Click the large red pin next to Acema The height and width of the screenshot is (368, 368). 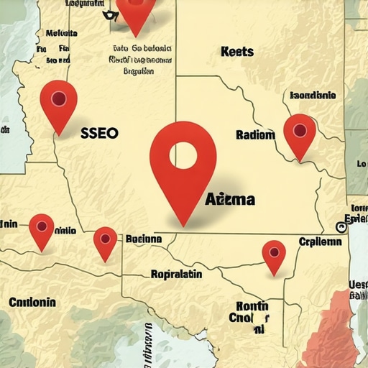pyautogui.click(x=183, y=169)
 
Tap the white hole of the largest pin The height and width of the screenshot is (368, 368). pyautogui.click(x=183, y=154)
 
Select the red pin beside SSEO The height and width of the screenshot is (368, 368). pyautogui.click(x=58, y=104)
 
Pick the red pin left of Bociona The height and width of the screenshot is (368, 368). pyautogui.click(x=105, y=241)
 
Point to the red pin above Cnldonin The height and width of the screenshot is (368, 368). pyautogui.click(x=41, y=230)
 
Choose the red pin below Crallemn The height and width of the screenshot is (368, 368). pyautogui.click(x=273, y=255)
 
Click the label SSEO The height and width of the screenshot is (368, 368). pyautogui.click(x=99, y=133)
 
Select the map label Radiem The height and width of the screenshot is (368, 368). pyautogui.click(x=255, y=134)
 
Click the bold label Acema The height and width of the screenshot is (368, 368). pyautogui.click(x=229, y=199)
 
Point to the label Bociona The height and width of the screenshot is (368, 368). pyautogui.click(x=144, y=239)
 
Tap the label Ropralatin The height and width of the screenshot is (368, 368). pyautogui.click(x=176, y=274)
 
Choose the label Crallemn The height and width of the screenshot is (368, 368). pyautogui.click(x=320, y=242)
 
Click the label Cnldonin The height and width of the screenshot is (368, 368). pyautogui.click(x=32, y=302)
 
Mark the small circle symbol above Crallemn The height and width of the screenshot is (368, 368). pyautogui.click(x=341, y=227)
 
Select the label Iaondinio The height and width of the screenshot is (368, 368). pyautogui.click(x=312, y=95)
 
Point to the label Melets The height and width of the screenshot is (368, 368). pyautogui.click(x=61, y=32)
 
